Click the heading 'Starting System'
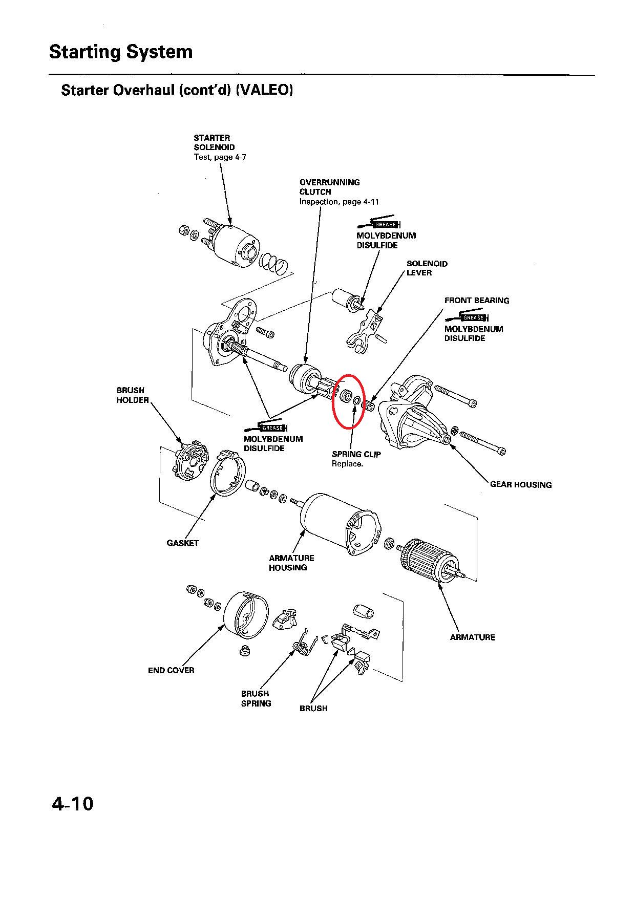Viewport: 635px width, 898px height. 121,52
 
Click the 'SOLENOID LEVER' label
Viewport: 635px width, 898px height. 427,268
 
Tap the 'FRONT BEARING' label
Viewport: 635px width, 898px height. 476,301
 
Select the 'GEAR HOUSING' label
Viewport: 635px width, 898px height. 521,484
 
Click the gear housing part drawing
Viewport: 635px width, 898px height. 415,415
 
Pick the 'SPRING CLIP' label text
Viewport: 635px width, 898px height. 356,454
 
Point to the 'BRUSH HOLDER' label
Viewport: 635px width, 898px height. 132,395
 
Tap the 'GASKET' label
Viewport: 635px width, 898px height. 183,543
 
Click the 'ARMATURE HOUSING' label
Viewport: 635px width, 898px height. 291,563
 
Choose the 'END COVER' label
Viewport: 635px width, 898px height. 171,670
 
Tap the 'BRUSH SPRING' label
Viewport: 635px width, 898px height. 256,698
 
